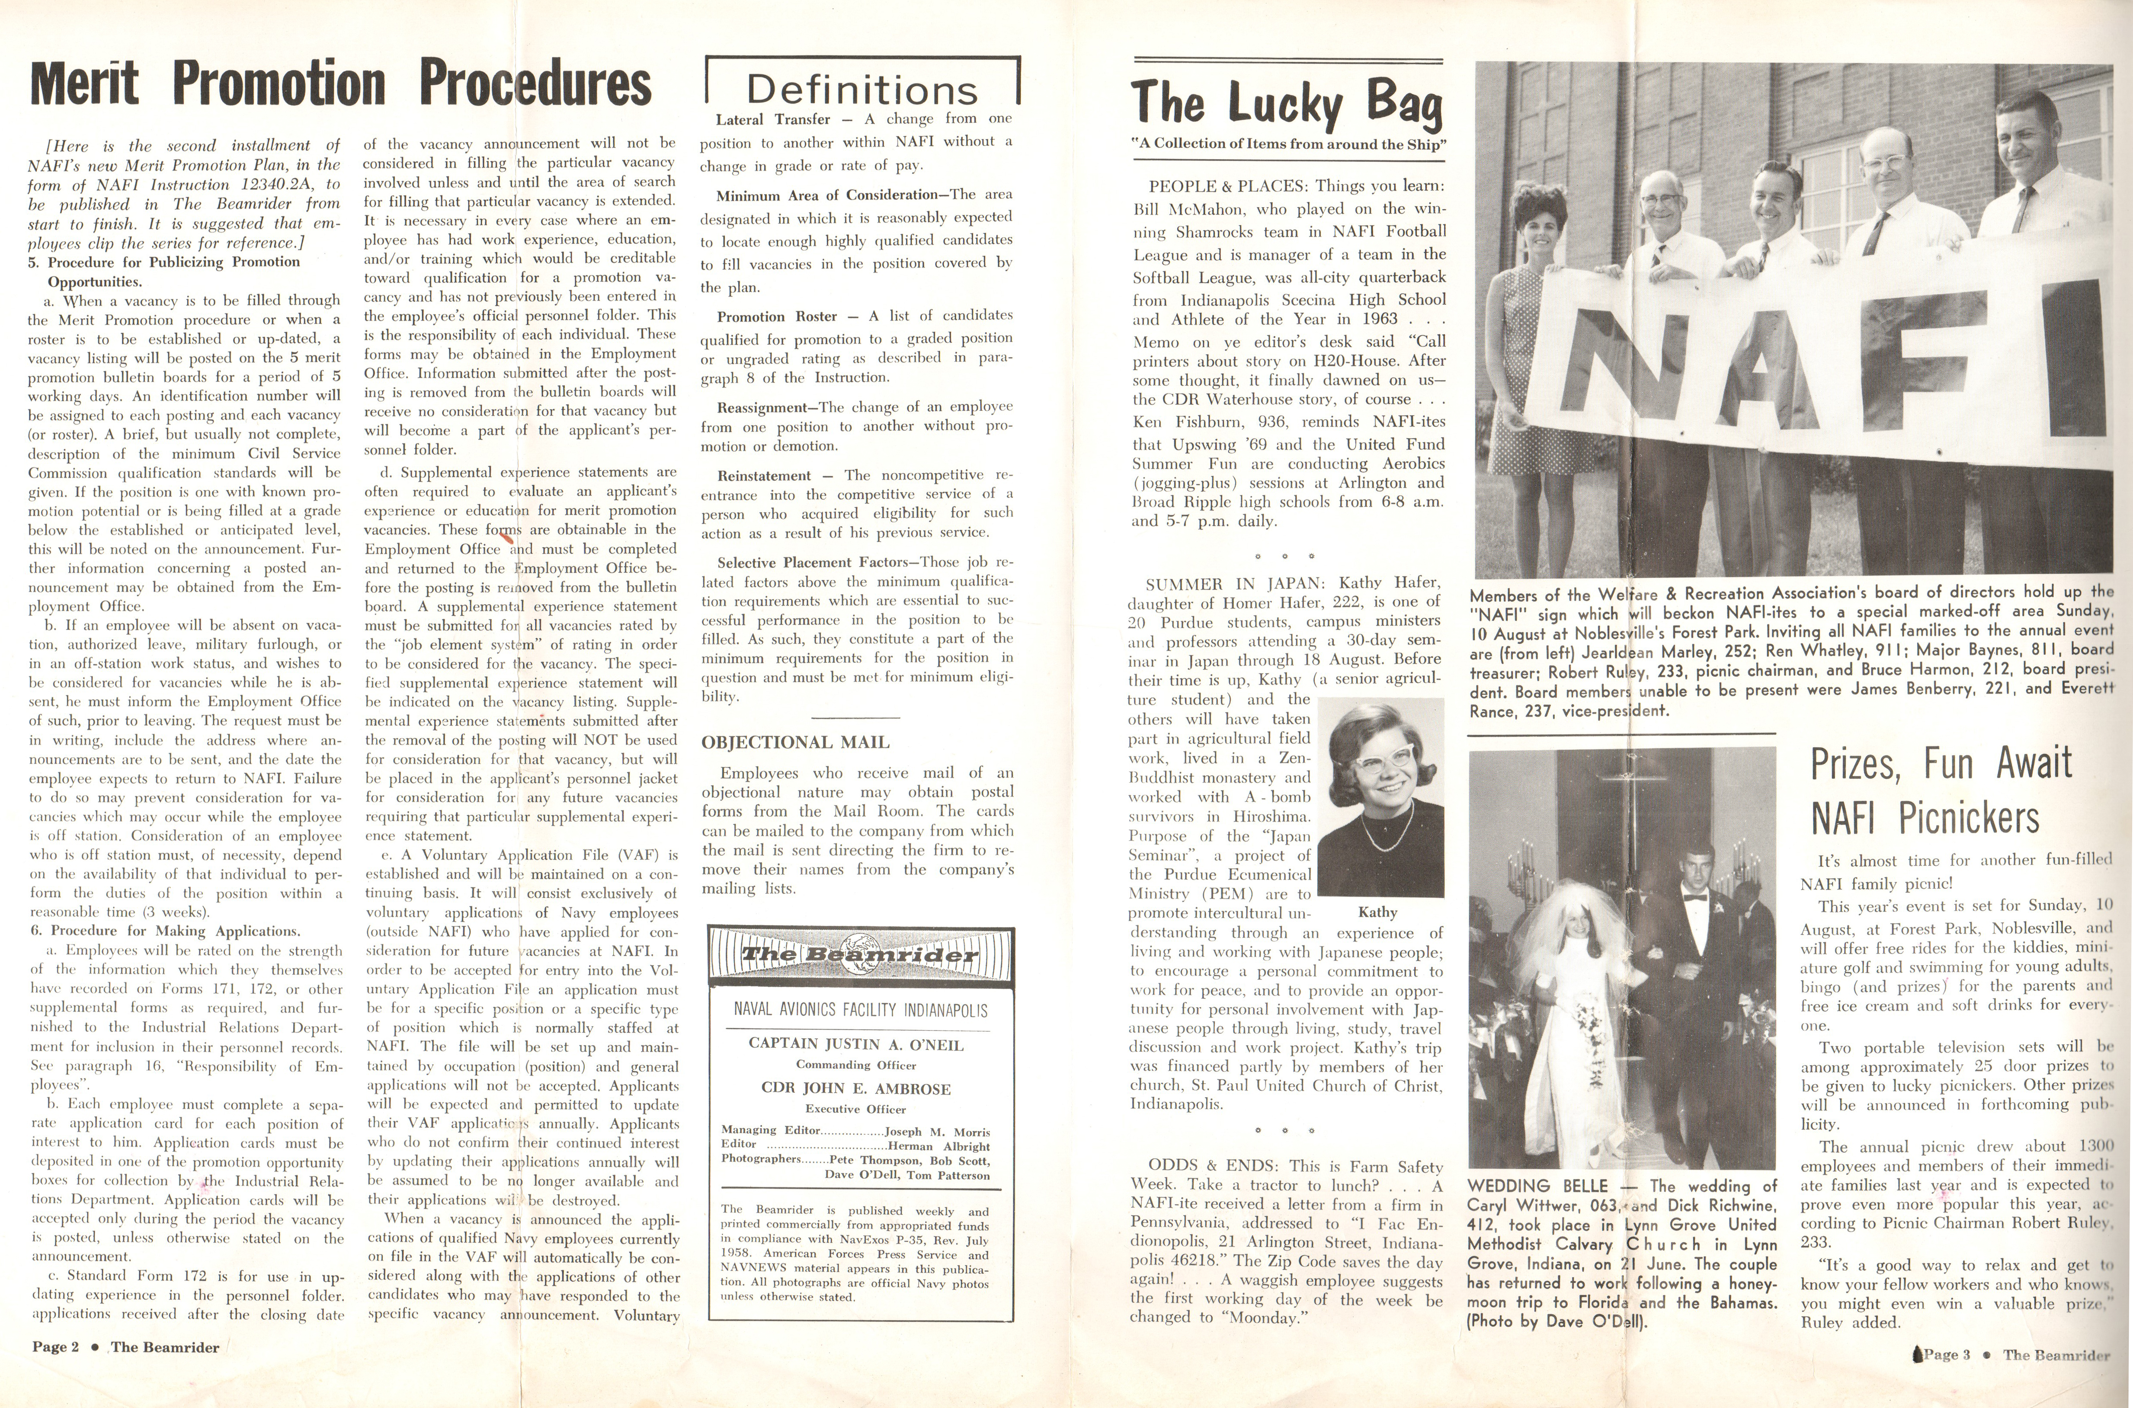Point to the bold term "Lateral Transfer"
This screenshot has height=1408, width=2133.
(x=772, y=119)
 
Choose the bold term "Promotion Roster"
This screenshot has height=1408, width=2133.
(x=777, y=316)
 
